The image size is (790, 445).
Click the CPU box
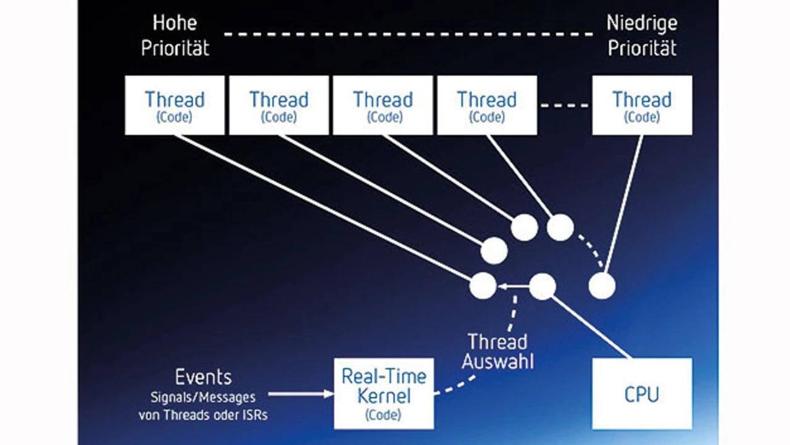point(642,394)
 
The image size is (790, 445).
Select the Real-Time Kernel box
point(384,394)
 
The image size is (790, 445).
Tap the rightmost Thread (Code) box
point(642,105)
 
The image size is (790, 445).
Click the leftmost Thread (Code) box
point(175,105)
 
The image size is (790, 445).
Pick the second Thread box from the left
point(279,105)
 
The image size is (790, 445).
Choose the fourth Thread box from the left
point(487,105)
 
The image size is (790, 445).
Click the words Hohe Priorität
point(175,35)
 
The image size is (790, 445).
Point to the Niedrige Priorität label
point(642,35)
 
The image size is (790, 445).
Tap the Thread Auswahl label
point(497,352)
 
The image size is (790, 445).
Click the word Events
point(203,377)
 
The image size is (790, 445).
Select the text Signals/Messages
point(203,397)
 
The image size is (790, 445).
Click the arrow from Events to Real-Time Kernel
point(301,394)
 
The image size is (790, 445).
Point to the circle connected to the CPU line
point(543,286)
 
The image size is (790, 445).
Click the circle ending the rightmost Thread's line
point(602,286)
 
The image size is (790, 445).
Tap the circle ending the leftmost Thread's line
point(483,286)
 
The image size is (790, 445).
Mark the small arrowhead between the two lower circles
point(502,286)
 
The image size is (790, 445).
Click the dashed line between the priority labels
point(409,34)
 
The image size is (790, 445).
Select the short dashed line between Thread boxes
point(564,106)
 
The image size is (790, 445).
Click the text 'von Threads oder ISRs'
point(203,415)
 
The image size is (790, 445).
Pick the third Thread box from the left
point(383,105)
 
